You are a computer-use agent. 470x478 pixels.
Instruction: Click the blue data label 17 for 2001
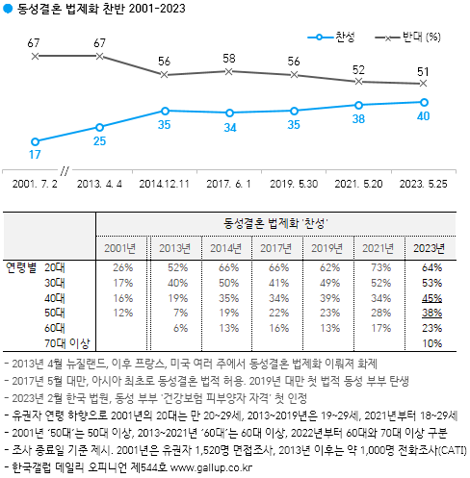click(35, 154)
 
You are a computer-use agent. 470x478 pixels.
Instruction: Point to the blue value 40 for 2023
click(423, 116)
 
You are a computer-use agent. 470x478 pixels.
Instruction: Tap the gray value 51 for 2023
click(423, 71)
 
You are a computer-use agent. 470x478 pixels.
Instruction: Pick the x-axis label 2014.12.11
click(166, 182)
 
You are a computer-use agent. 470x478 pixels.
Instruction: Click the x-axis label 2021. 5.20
click(359, 182)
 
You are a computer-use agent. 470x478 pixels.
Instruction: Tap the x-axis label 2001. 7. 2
click(37, 182)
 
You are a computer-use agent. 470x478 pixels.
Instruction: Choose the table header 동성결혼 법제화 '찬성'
click(277, 224)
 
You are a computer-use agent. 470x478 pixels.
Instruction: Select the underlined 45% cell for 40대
click(432, 297)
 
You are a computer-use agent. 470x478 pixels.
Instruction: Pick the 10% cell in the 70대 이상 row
click(432, 343)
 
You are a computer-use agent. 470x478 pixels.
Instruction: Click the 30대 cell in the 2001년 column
click(122, 282)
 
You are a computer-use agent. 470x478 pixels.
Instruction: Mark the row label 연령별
click(21, 266)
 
